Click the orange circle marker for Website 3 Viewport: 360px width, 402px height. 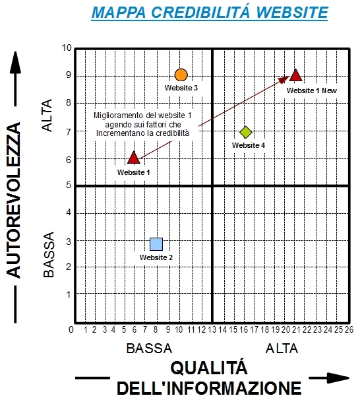click(x=181, y=75)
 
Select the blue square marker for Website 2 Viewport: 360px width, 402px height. click(x=156, y=244)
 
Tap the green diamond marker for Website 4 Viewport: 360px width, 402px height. click(x=246, y=132)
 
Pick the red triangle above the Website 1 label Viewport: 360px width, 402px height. click(x=134, y=158)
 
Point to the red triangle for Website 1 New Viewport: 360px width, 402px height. click(x=296, y=75)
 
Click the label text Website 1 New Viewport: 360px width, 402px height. click(x=312, y=90)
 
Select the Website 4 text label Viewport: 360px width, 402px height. click(x=249, y=145)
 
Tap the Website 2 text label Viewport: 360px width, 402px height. click(x=156, y=257)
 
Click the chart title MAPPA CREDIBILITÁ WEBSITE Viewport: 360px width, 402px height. click(x=210, y=13)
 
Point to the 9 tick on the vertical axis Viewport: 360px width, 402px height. click(x=69, y=75)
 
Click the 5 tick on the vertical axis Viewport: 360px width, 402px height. click(x=69, y=185)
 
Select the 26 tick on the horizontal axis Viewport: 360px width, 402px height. click(x=349, y=329)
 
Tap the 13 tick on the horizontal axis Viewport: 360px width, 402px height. click(x=212, y=329)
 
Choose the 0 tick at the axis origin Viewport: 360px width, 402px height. click(x=71, y=329)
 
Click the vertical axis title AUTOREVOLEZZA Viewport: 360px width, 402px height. click(x=13, y=200)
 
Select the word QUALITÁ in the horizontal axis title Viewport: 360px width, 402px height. click(x=209, y=368)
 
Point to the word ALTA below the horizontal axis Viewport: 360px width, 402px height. click(x=282, y=349)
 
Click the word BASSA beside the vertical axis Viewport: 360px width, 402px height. click(x=49, y=254)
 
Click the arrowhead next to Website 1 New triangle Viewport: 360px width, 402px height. click(x=284, y=79)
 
